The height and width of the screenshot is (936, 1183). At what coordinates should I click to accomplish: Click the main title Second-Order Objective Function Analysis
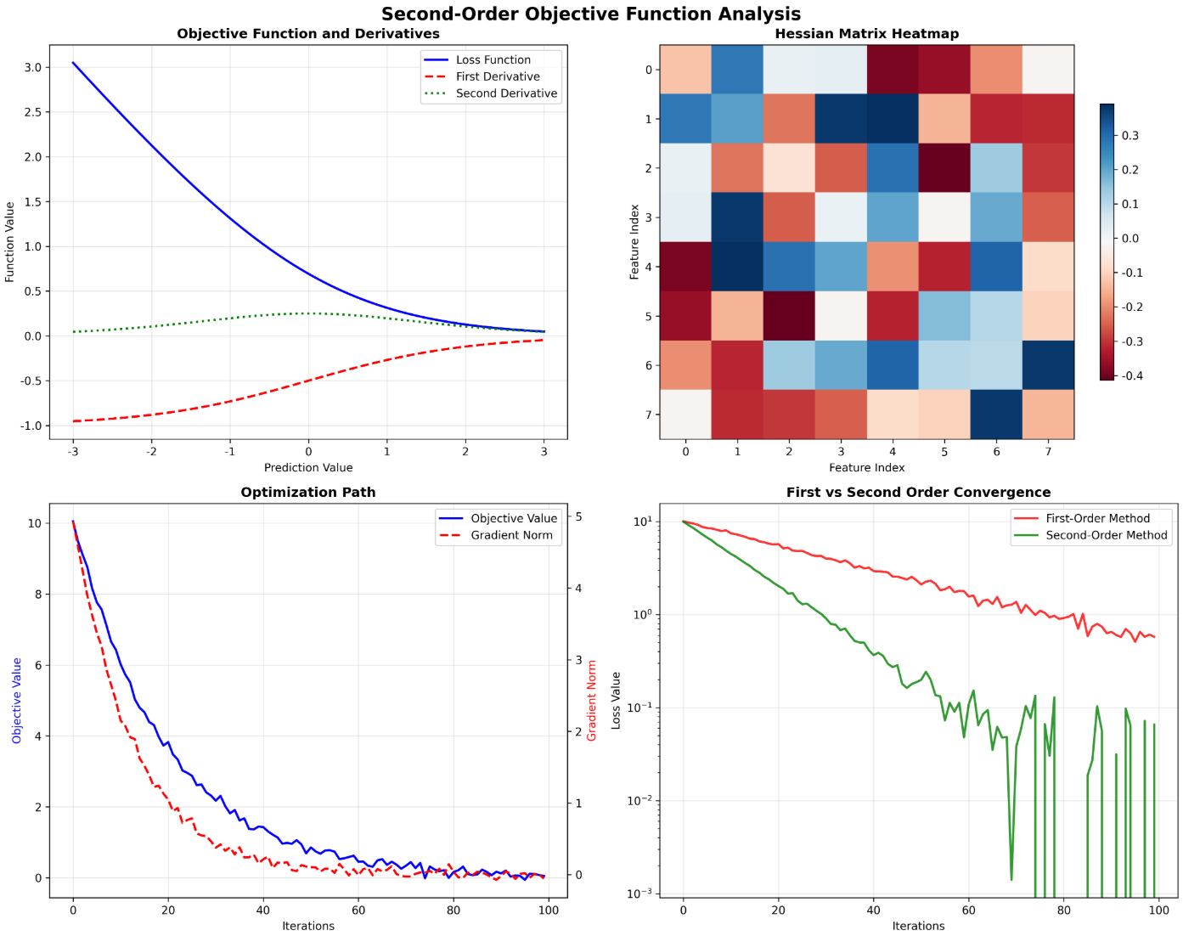pyautogui.click(x=591, y=14)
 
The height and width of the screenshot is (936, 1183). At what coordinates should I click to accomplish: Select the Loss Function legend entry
pyautogui.click(x=493, y=59)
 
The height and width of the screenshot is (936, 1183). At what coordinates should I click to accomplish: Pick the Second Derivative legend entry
pyautogui.click(x=506, y=93)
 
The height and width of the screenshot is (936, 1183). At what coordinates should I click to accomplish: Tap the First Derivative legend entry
pyautogui.click(x=498, y=76)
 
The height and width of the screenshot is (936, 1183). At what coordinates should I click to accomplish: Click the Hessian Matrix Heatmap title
pyautogui.click(x=866, y=34)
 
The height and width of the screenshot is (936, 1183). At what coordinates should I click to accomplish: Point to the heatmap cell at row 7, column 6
pyautogui.click(x=996, y=414)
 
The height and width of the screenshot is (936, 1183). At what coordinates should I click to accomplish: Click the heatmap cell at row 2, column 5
pyautogui.click(x=944, y=168)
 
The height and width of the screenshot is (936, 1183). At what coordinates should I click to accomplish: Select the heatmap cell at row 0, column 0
pyautogui.click(x=685, y=70)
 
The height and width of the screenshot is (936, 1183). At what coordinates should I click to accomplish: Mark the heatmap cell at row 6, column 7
pyautogui.click(x=1048, y=365)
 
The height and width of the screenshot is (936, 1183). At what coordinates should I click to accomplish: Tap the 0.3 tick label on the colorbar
pyautogui.click(x=1130, y=136)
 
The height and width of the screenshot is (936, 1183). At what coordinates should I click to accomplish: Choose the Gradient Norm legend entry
pyautogui.click(x=511, y=535)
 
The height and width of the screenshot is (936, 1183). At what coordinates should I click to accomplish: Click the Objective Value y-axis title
pyautogui.click(x=16, y=701)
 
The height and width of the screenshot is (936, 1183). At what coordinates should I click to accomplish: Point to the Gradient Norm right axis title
pyautogui.click(x=592, y=701)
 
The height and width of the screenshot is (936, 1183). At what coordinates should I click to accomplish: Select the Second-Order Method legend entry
pyautogui.click(x=1106, y=535)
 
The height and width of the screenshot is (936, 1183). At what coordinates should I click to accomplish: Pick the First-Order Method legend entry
pyautogui.click(x=1097, y=518)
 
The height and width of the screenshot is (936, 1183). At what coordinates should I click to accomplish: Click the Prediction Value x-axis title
pyautogui.click(x=308, y=467)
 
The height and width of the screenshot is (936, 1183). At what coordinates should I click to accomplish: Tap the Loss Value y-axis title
pyautogui.click(x=616, y=701)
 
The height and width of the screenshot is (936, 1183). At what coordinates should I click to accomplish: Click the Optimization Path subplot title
pyautogui.click(x=308, y=493)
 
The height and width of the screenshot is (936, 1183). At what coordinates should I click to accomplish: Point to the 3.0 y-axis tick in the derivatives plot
pyautogui.click(x=32, y=67)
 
